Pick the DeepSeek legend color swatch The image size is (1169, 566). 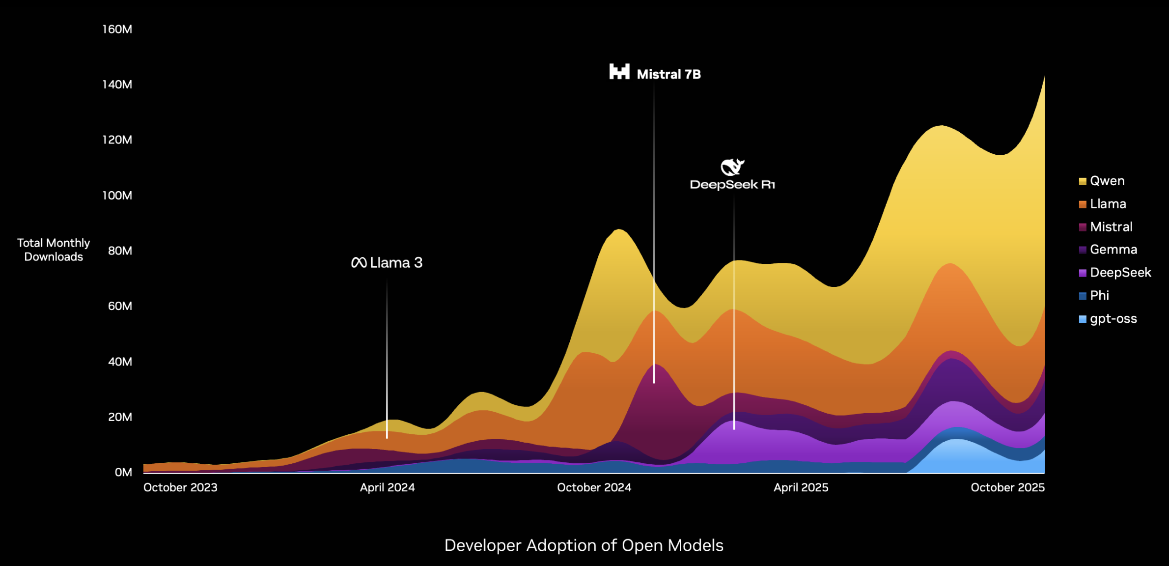pyautogui.click(x=1083, y=273)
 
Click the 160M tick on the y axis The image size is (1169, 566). pyautogui.click(x=117, y=29)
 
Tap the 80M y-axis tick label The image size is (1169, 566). pyautogui.click(x=120, y=251)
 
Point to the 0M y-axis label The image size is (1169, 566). pyautogui.click(x=123, y=473)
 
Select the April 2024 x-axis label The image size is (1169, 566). pyautogui.click(x=387, y=488)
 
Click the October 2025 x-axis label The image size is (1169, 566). pyautogui.click(x=1007, y=488)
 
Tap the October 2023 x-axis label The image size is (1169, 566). pyautogui.click(x=180, y=488)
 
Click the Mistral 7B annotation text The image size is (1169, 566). pyautogui.click(x=668, y=75)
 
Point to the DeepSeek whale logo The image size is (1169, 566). pyautogui.click(x=732, y=167)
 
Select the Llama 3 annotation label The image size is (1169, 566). pyautogui.click(x=396, y=263)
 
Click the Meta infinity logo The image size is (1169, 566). pyautogui.click(x=359, y=263)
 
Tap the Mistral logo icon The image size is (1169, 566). pyautogui.click(x=619, y=72)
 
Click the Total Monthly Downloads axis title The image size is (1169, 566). pyautogui.click(x=54, y=250)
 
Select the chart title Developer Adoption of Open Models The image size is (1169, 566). pyautogui.click(x=584, y=545)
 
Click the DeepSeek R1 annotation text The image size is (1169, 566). pyautogui.click(x=732, y=185)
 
